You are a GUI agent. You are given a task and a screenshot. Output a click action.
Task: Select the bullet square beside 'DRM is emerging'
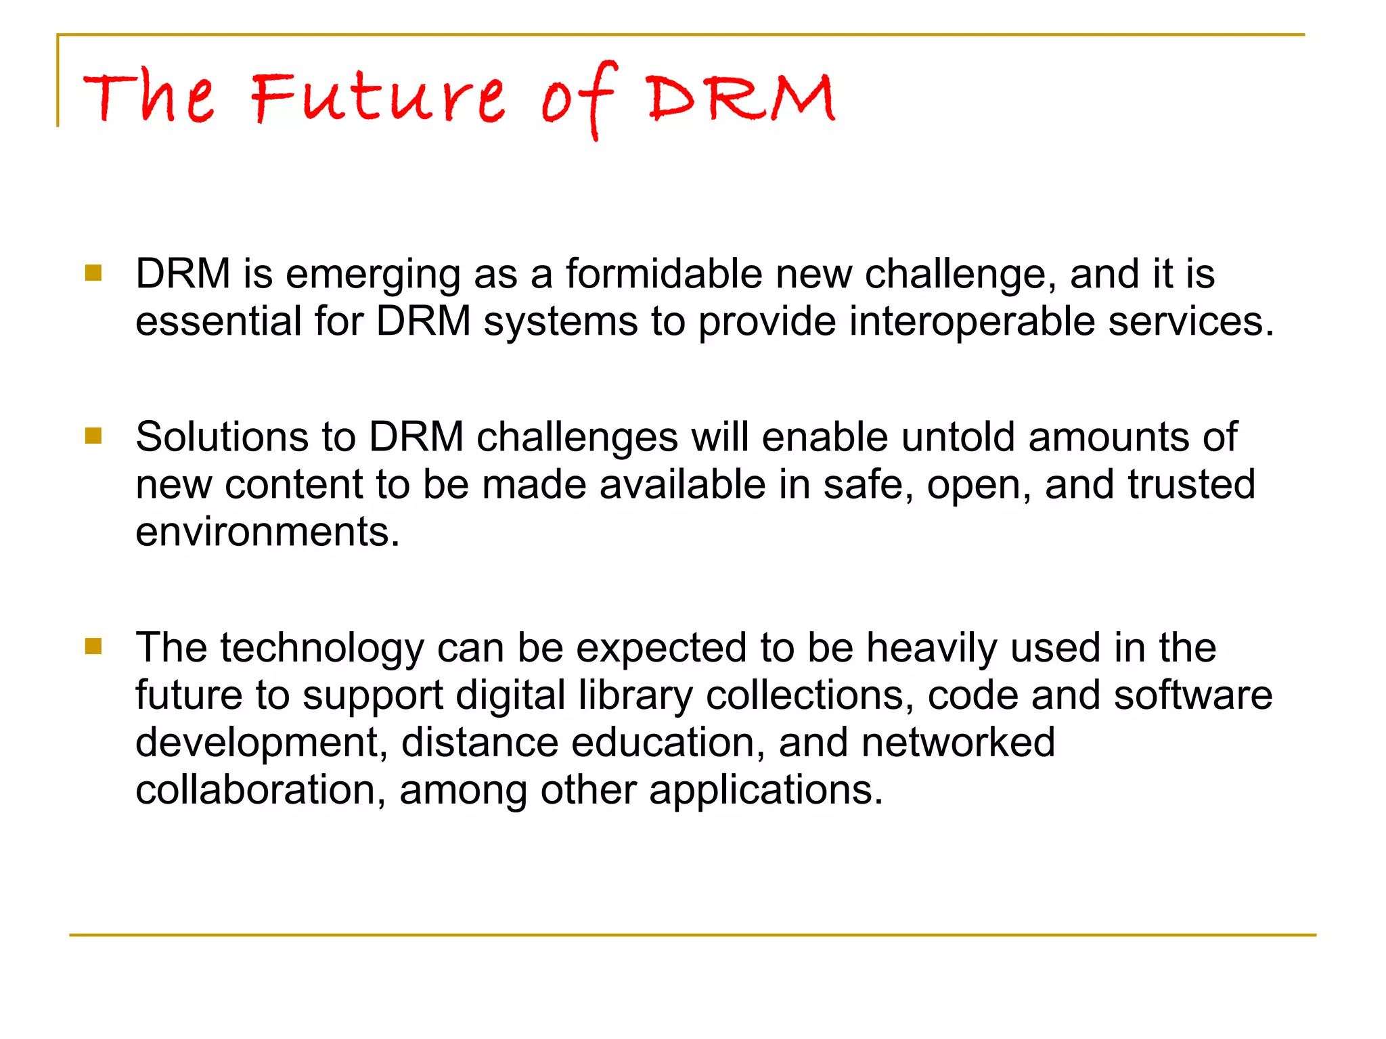93,273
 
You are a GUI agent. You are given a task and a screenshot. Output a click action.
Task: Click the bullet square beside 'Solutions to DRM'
93,436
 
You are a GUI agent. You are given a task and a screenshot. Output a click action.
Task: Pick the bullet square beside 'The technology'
93,647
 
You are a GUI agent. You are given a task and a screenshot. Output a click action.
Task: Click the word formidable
664,274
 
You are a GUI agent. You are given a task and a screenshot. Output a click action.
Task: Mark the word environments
267,532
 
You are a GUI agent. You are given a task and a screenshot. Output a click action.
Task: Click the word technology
322,649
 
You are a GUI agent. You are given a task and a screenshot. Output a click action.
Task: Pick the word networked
958,742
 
